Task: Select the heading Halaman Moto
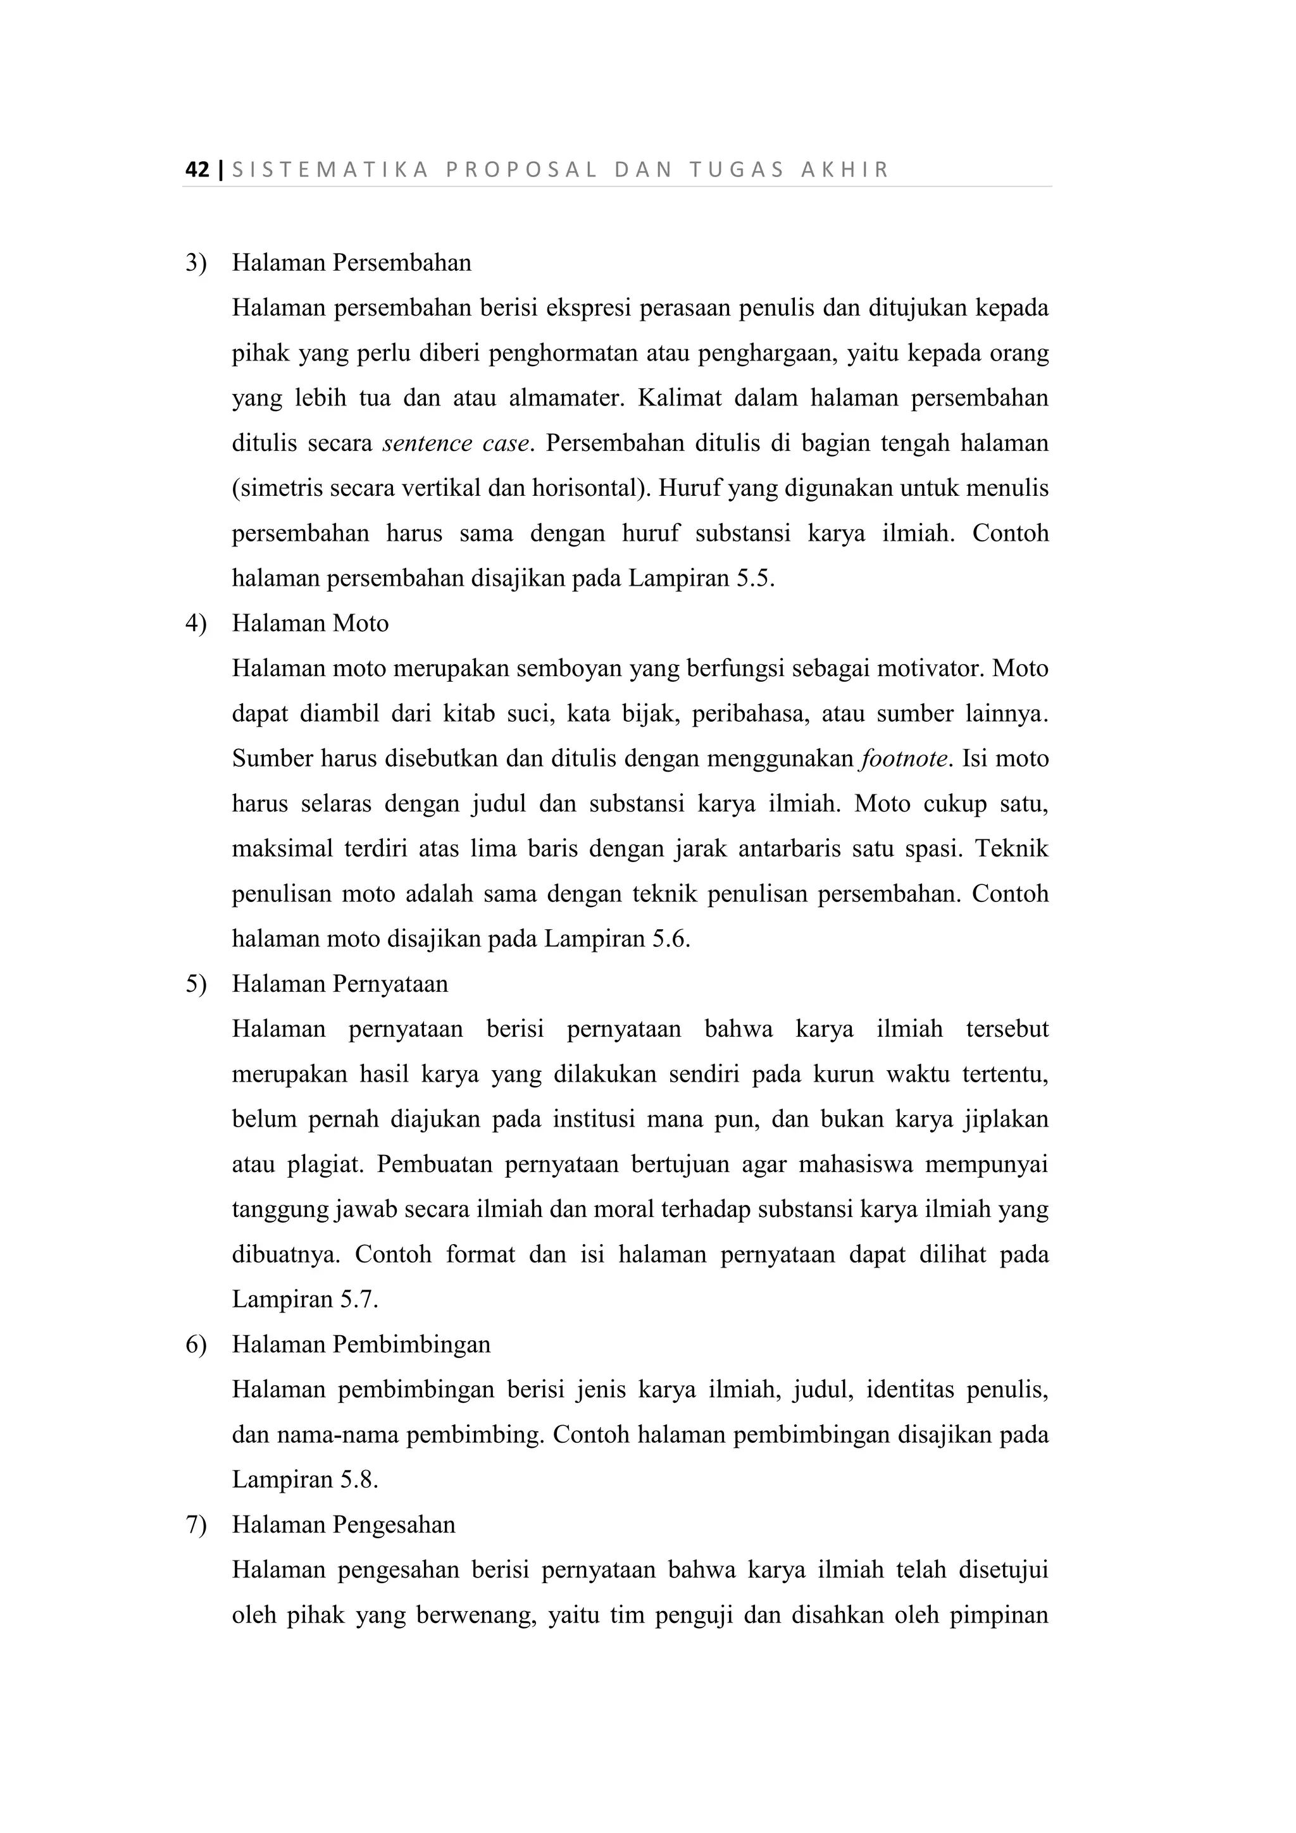(x=310, y=624)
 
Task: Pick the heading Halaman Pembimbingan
(x=361, y=1345)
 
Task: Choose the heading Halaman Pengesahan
(x=344, y=1526)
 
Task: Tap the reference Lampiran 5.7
(x=304, y=1300)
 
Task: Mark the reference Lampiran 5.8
(x=304, y=1480)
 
